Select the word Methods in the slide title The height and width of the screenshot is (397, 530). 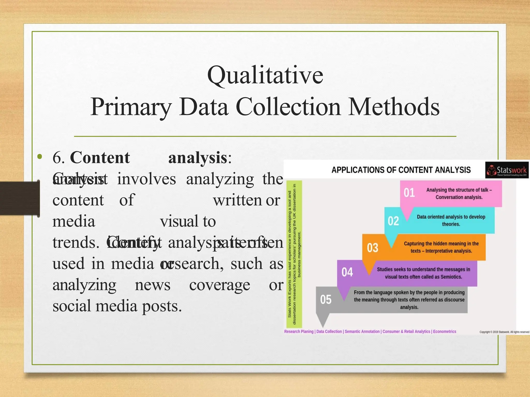coord(394,107)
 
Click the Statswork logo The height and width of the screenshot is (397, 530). coord(507,170)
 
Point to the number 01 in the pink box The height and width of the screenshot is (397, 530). coord(409,193)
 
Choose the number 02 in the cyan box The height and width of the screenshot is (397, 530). coord(393,221)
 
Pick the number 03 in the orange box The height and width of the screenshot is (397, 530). coord(372,248)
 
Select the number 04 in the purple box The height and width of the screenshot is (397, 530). coord(347,272)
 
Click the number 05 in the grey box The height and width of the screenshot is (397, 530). coord(326,300)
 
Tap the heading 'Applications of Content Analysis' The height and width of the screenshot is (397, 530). coord(401,170)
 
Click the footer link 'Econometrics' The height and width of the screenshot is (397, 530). coord(444,332)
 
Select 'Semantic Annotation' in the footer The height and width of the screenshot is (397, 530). coord(362,332)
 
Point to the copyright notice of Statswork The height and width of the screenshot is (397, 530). coord(504,332)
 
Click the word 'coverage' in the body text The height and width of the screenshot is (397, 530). coord(219,285)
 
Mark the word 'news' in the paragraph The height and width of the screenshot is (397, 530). coord(152,285)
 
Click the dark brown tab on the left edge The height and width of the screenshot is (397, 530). coord(20,198)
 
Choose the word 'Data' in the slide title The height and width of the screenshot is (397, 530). coord(204,107)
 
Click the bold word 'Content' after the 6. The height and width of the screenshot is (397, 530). coord(100,157)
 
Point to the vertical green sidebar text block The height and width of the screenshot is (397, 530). coord(294,254)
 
